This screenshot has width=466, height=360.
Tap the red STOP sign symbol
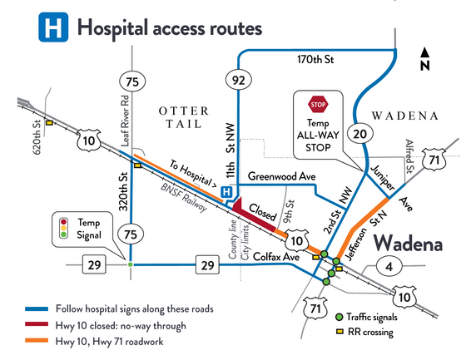tap(318, 106)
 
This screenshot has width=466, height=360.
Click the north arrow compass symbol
tap(424, 60)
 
